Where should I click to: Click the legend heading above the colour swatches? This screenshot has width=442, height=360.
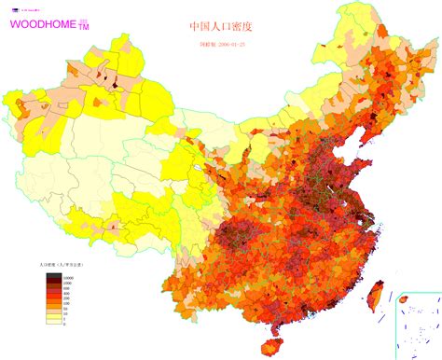tap(60, 266)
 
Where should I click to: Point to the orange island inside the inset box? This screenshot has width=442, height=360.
tap(403, 301)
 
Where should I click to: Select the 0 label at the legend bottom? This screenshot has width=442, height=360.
tap(63, 324)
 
